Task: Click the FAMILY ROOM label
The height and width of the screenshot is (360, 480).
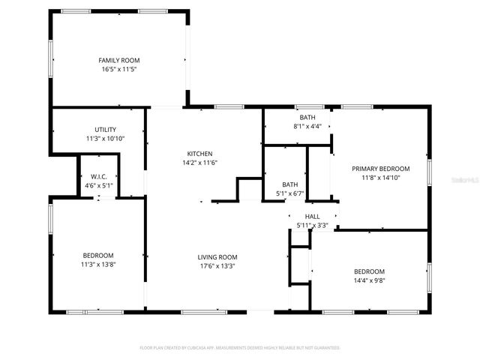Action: (119, 60)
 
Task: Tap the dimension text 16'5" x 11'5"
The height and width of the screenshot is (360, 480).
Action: (119, 69)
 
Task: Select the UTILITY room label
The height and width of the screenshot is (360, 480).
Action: (105, 130)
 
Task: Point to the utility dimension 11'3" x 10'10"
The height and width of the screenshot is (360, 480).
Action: (105, 139)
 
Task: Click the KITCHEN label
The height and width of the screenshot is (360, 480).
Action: (199, 154)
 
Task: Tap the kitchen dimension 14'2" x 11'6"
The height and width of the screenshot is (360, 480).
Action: (199, 163)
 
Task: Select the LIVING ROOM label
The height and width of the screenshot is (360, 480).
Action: (217, 257)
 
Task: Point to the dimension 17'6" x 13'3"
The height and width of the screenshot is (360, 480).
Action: (217, 266)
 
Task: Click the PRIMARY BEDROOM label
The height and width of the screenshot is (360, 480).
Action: (381, 169)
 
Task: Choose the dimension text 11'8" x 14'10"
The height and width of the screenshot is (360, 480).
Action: (381, 178)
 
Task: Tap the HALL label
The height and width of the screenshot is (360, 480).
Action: (312, 216)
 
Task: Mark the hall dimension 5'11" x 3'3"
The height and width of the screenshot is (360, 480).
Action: (312, 225)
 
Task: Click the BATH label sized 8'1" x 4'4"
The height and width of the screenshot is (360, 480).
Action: (307, 118)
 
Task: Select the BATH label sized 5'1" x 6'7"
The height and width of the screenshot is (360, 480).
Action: (289, 184)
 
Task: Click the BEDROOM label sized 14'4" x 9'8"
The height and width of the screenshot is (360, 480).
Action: (369, 271)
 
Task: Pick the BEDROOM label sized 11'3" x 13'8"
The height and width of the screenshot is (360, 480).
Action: (98, 255)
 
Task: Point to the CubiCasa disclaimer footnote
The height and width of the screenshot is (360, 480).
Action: (240, 348)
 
